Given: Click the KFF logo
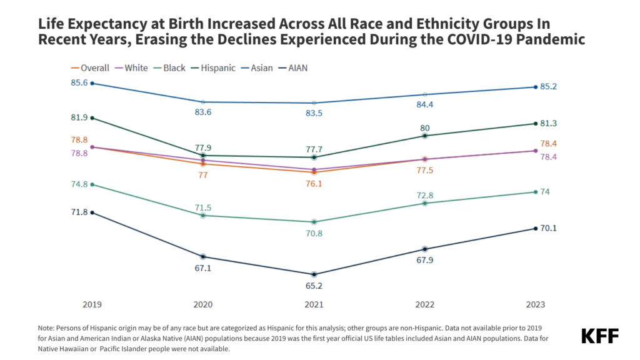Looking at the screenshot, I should point(599,336).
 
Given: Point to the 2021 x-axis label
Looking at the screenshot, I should point(314,304).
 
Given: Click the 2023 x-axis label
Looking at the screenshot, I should point(535,304).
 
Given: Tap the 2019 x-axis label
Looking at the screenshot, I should point(92,304).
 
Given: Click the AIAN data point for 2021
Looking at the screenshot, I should point(314,274).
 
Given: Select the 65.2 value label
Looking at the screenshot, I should point(314,286).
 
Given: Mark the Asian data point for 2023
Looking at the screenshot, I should point(535,87).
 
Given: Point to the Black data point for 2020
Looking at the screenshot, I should point(203,216).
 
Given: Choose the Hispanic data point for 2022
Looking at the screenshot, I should point(425,136).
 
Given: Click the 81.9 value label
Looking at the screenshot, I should point(79,117).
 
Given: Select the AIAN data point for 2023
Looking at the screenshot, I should point(535,228).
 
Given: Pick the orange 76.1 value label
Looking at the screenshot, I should point(314,184).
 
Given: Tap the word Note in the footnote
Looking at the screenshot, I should point(47,327).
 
